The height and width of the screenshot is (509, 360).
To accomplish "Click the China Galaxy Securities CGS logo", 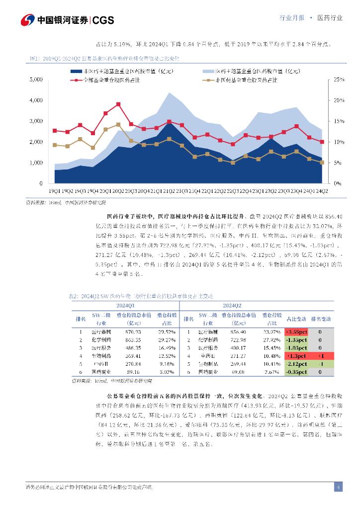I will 67,20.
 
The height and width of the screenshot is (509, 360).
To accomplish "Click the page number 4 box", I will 338,487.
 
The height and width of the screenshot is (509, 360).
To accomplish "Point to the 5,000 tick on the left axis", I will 36,80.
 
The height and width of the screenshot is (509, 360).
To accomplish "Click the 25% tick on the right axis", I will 339,80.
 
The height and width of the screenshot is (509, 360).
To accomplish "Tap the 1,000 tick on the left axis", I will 36,163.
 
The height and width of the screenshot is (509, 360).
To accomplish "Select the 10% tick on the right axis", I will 339,142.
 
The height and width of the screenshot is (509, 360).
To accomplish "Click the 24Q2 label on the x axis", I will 322,190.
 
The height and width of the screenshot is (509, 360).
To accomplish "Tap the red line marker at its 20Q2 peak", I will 118,104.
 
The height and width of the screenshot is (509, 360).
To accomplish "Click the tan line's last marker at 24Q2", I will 322,163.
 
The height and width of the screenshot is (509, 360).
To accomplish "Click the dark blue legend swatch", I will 77,72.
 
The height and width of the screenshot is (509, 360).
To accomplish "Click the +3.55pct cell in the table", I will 297,332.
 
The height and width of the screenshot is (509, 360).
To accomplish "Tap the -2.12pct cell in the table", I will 297,364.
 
